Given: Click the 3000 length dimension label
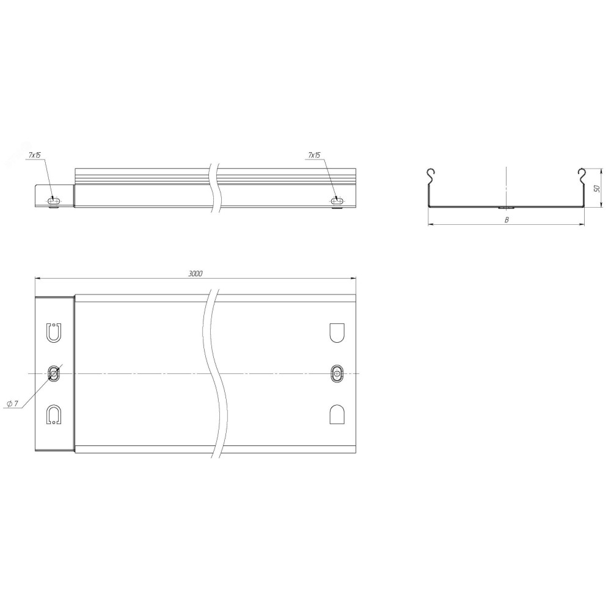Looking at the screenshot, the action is [196, 274].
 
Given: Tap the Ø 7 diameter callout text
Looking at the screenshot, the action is [13, 403].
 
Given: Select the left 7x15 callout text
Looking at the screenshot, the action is [35, 155].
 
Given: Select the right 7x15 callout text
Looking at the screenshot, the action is [313, 155].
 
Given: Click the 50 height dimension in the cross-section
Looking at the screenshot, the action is [596, 188].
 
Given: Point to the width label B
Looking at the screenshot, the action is [507, 220].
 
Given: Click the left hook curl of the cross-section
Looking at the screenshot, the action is [430, 177].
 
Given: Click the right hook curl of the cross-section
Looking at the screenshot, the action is [582, 177].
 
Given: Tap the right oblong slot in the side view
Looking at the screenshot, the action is [337, 200].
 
